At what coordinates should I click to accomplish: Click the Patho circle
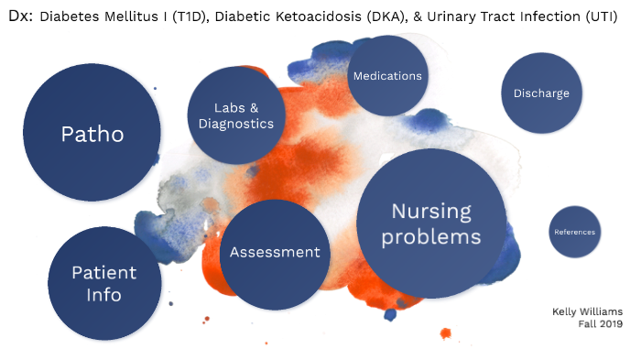click(x=92, y=134)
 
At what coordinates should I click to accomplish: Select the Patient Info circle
click(x=104, y=284)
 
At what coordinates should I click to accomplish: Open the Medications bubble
click(x=387, y=76)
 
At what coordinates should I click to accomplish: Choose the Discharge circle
click(x=541, y=93)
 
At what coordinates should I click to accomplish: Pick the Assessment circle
click(x=275, y=253)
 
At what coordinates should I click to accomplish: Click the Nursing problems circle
click(x=431, y=224)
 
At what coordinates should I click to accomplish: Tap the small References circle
click(x=574, y=232)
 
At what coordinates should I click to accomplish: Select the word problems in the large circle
click(x=431, y=236)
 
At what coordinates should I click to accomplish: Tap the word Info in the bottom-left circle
click(x=104, y=295)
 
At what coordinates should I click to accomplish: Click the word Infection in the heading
click(x=548, y=16)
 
